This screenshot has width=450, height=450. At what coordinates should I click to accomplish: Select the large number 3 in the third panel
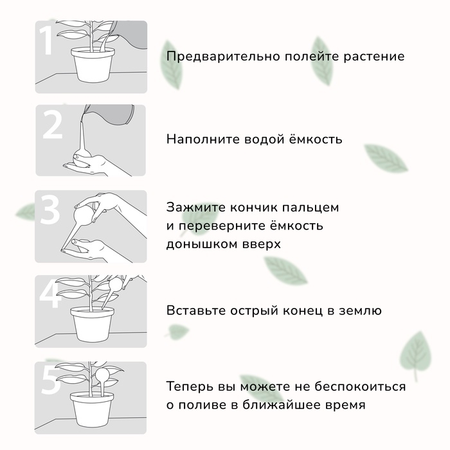click(x=50, y=210)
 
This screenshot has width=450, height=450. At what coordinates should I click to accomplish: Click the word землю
click(x=359, y=311)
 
